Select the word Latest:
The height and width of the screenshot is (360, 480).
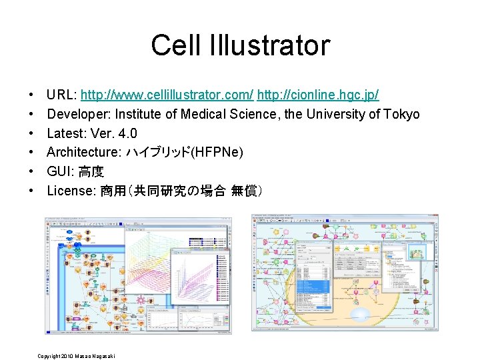point(66,133)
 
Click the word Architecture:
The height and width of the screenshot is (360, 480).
point(83,153)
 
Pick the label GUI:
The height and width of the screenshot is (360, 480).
point(60,172)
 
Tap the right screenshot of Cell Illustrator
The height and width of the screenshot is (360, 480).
point(345,272)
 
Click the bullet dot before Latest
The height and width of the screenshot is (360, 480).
point(32,133)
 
